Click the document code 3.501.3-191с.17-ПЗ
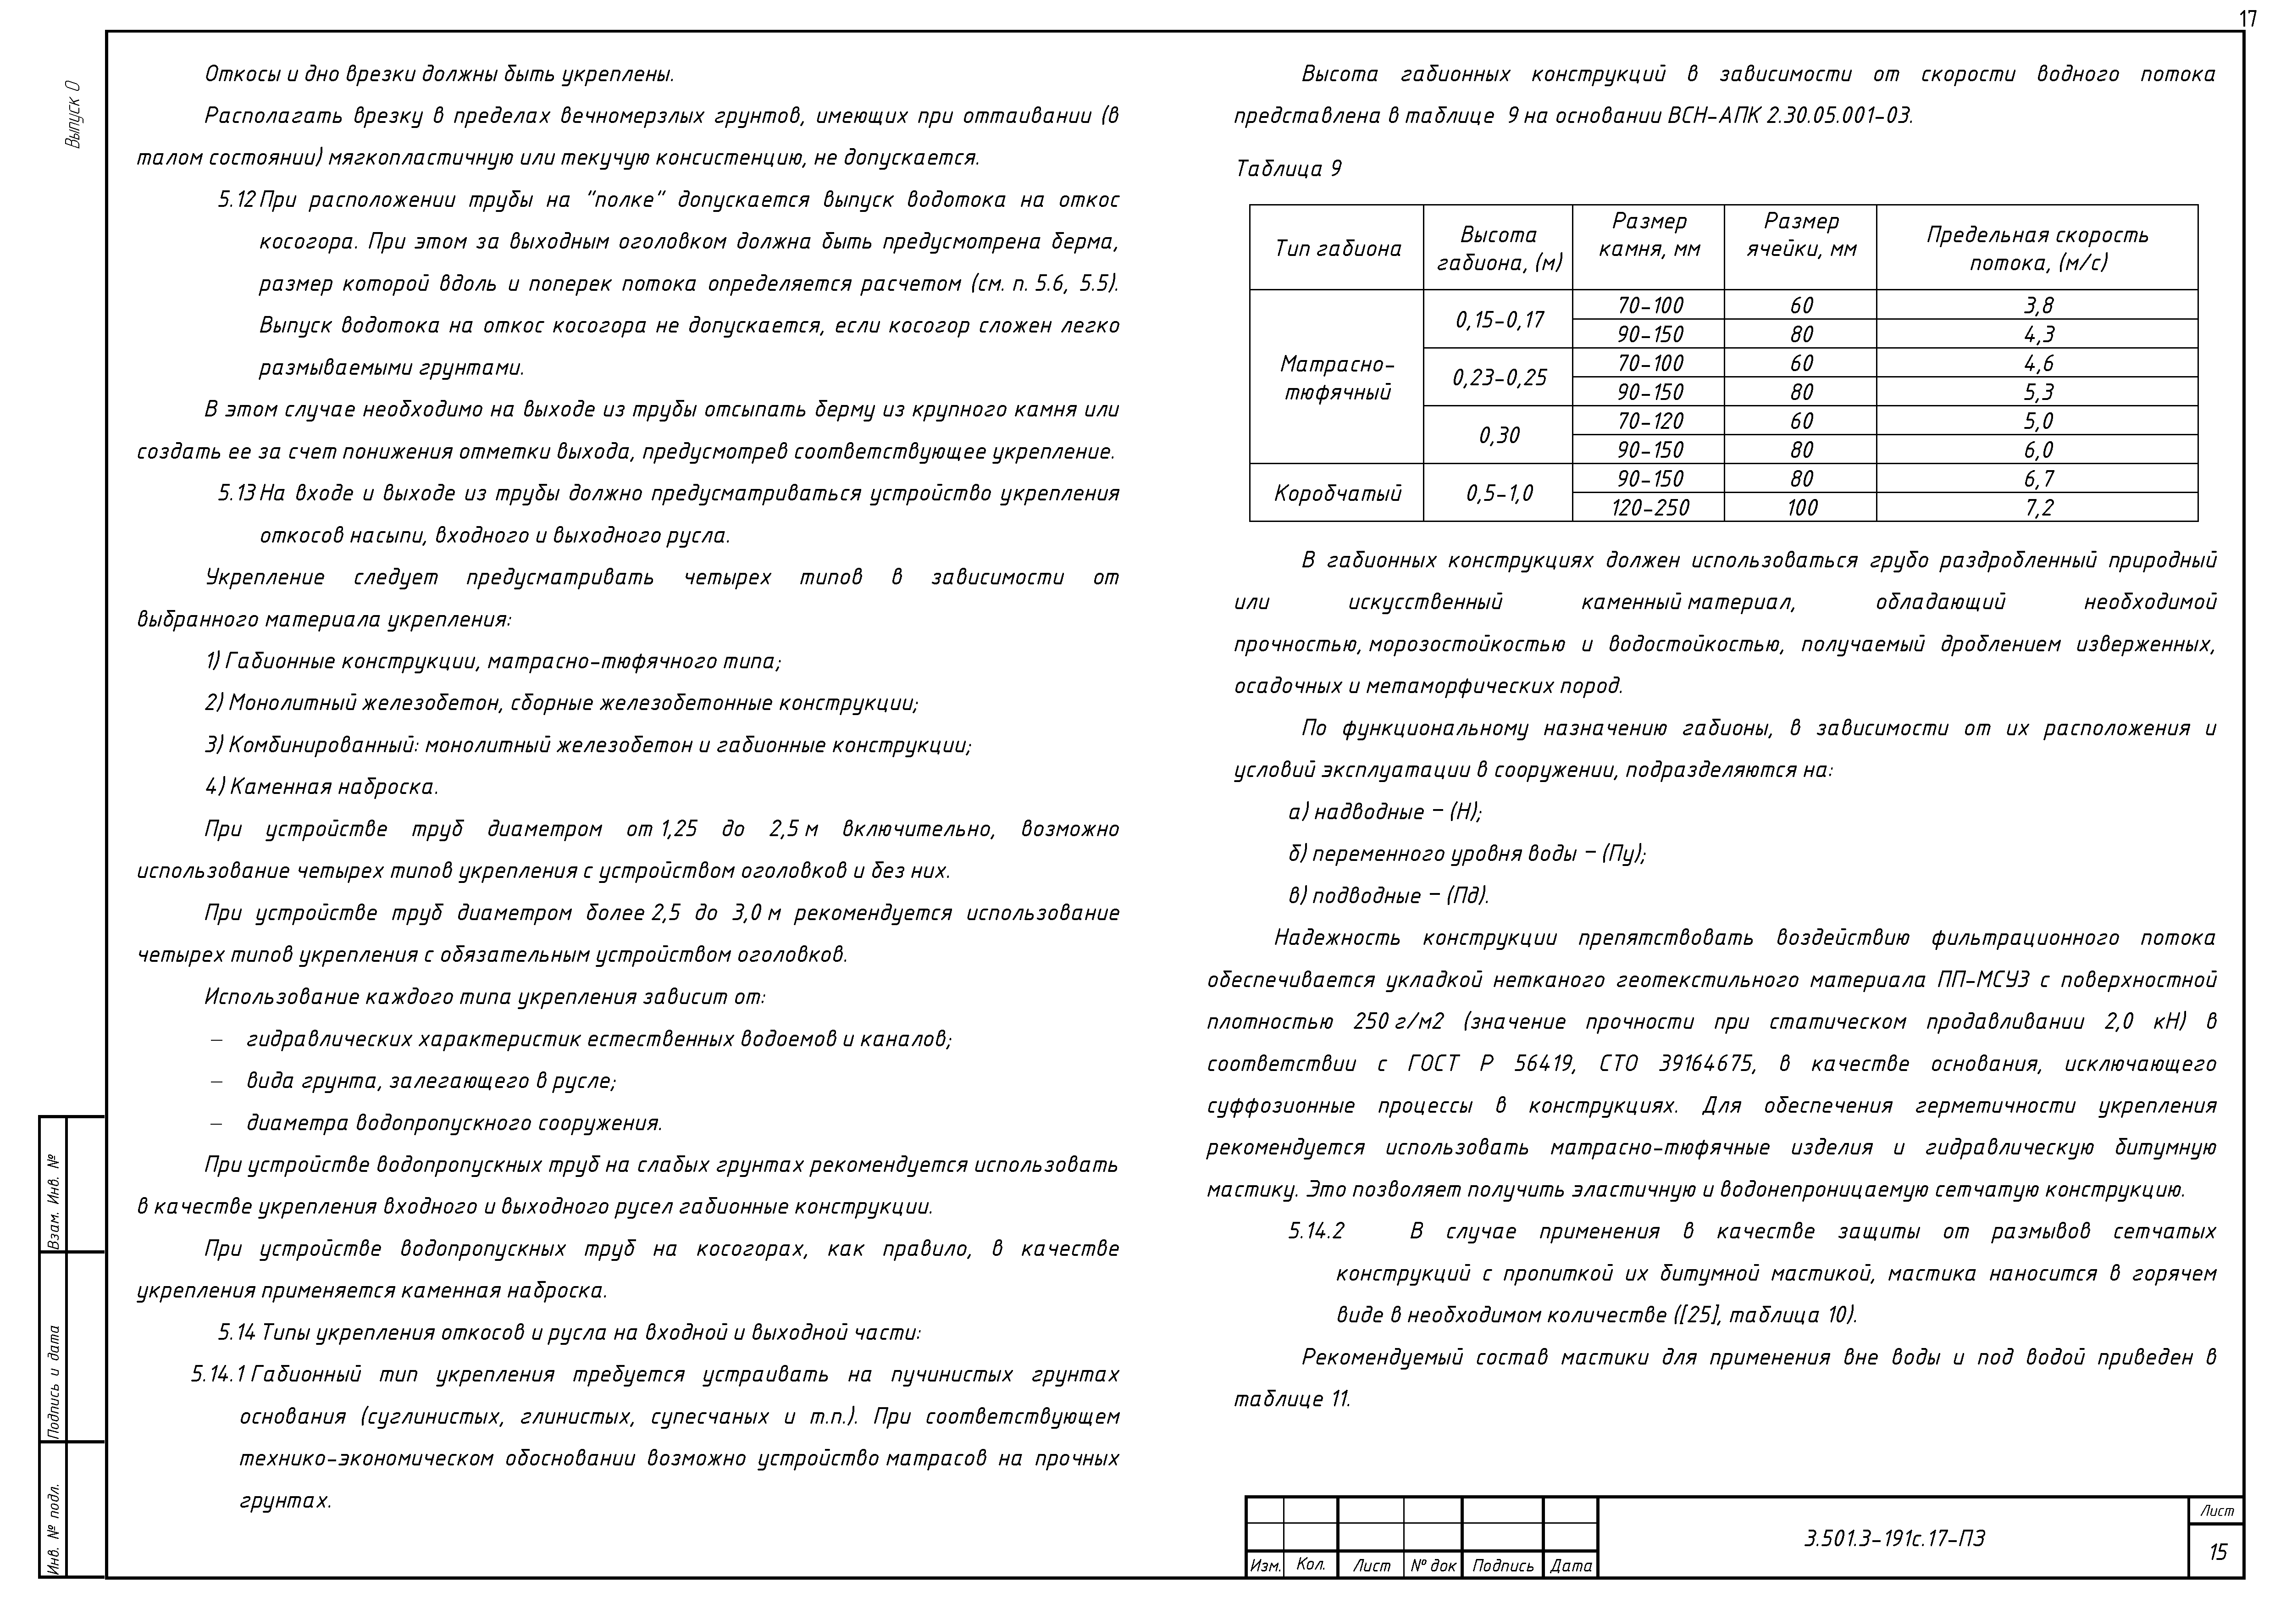[x=1894, y=1539]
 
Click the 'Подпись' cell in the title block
[x=1502, y=1565]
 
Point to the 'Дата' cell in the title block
[x=1571, y=1565]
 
